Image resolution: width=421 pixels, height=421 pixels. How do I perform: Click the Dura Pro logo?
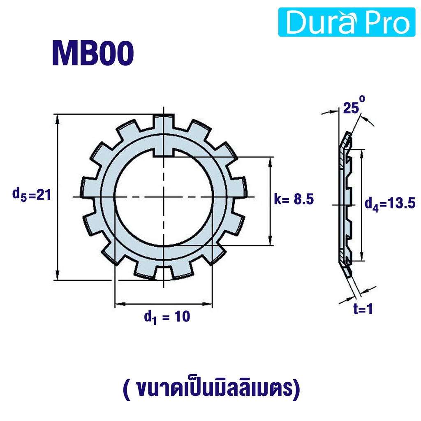click(x=347, y=22)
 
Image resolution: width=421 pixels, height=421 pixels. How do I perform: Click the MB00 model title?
click(x=93, y=53)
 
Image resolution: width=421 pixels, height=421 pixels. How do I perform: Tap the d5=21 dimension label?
click(x=32, y=194)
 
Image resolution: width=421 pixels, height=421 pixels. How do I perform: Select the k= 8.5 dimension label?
click(x=294, y=199)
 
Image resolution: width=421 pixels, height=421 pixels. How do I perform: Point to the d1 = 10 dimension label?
click(x=167, y=317)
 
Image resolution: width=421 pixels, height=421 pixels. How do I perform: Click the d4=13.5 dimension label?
click(x=390, y=204)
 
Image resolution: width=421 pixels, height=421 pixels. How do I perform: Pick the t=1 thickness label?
click(x=363, y=309)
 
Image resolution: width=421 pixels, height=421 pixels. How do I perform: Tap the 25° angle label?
click(x=354, y=106)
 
